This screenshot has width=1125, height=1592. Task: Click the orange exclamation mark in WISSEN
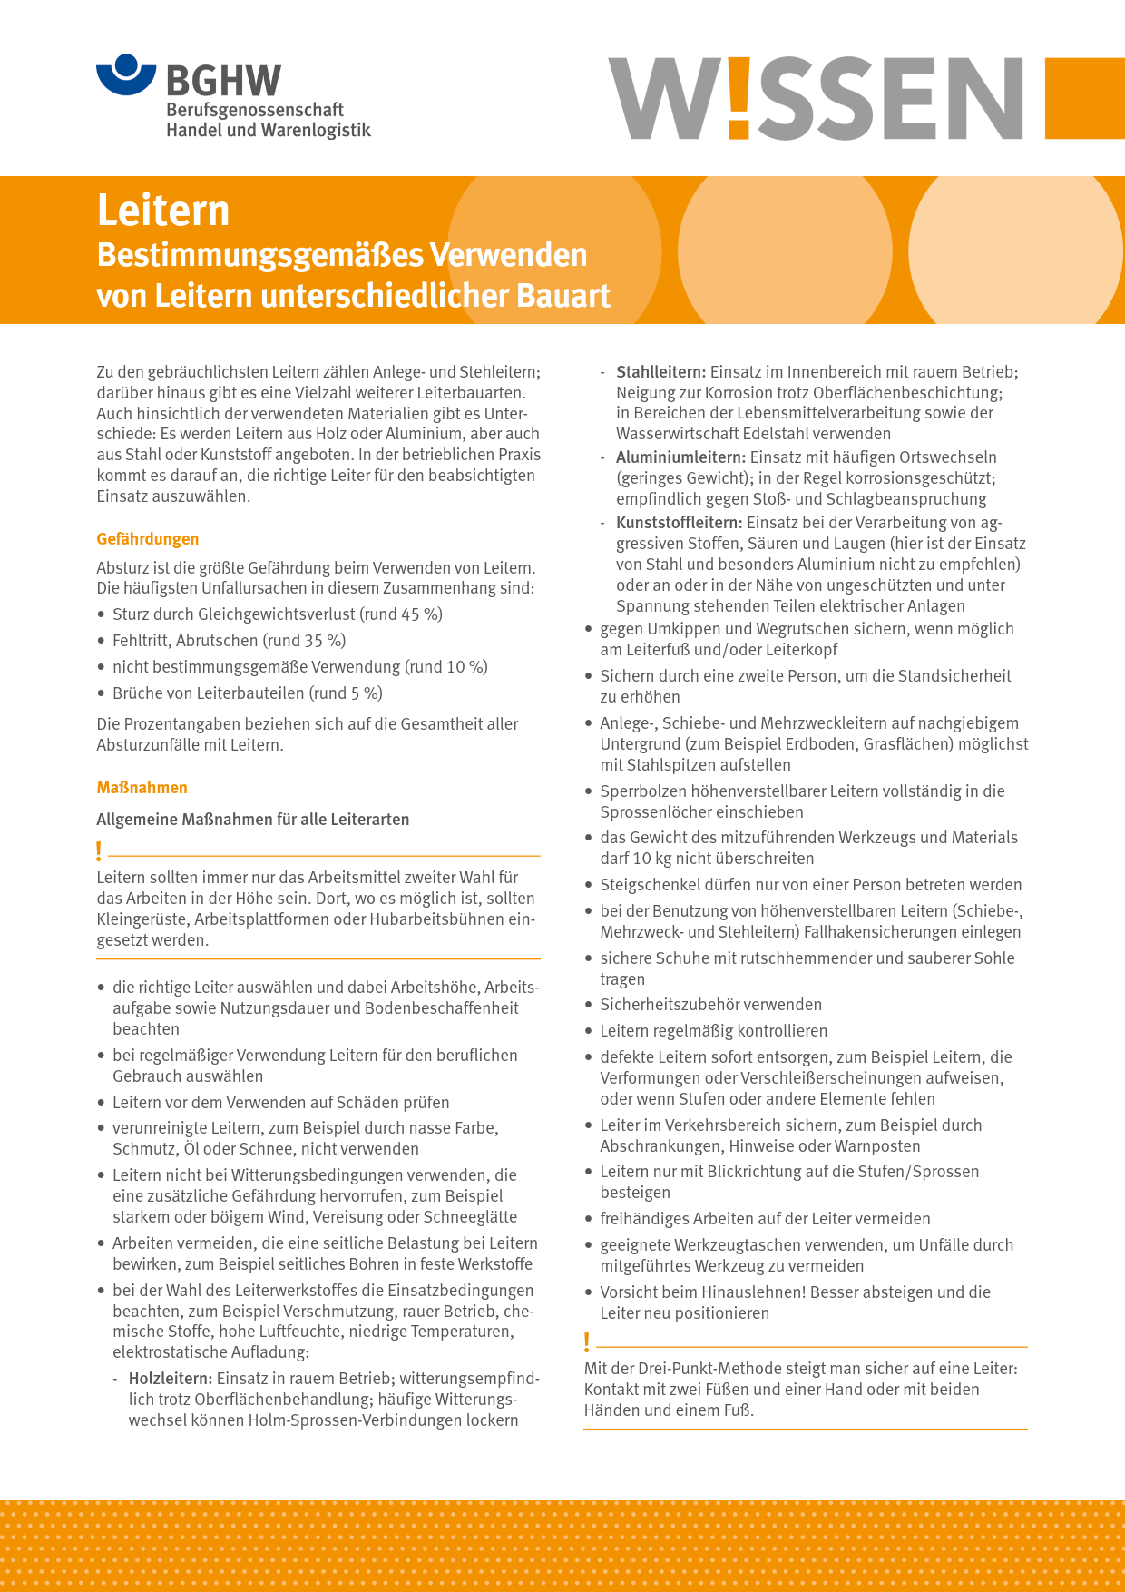click(739, 98)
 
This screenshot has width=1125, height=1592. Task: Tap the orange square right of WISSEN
click(1084, 98)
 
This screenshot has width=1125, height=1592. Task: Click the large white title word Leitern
click(163, 211)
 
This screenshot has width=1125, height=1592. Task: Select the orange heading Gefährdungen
click(148, 539)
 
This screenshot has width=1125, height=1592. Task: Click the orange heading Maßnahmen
click(142, 788)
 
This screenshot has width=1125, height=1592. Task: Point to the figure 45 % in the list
click(422, 614)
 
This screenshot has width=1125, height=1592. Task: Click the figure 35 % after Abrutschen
click(325, 641)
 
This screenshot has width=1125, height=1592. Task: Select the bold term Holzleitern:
click(170, 1379)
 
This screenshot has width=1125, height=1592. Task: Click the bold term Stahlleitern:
click(660, 372)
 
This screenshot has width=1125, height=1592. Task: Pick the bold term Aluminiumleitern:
click(680, 457)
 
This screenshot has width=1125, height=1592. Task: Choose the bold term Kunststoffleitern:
click(679, 523)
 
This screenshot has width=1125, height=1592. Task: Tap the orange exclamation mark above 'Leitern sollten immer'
click(99, 851)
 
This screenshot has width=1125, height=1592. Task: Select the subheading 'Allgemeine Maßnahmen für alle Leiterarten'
click(253, 820)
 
